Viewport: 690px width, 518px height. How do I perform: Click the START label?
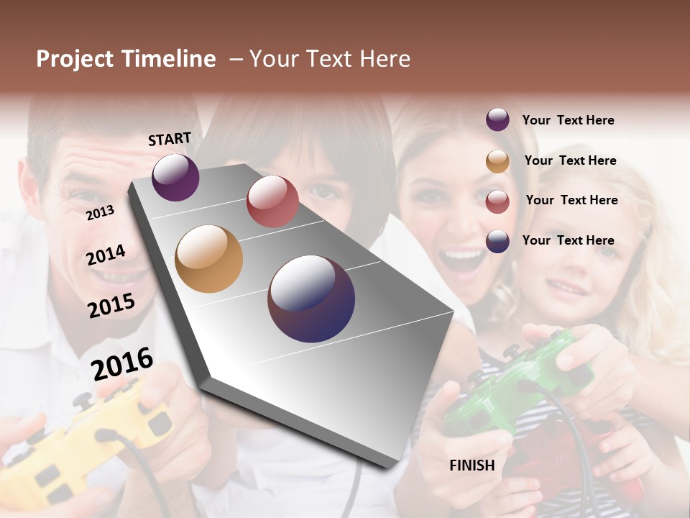pyautogui.click(x=170, y=139)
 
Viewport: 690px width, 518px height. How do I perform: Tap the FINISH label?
pyautogui.click(x=472, y=465)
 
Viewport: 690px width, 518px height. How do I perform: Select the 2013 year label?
pyautogui.click(x=100, y=213)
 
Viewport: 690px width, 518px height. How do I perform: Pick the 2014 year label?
pyautogui.click(x=106, y=255)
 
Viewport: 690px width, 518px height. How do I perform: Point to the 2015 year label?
pyautogui.click(x=111, y=306)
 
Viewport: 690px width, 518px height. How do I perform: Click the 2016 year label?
pyautogui.click(x=122, y=363)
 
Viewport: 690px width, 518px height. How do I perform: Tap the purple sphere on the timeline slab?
pyautogui.click(x=175, y=177)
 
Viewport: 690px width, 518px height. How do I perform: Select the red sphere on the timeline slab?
pyautogui.click(x=272, y=201)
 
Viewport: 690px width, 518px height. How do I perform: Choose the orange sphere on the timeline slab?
pyautogui.click(x=209, y=259)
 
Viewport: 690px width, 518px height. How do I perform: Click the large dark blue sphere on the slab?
pyautogui.click(x=311, y=299)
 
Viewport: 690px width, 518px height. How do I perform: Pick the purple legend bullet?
pyautogui.click(x=497, y=119)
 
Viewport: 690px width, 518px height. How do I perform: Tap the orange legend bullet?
pyautogui.click(x=497, y=161)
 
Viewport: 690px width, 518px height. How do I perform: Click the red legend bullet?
pyautogui.click(x=497, y=201)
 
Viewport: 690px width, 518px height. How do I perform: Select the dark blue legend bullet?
pyautogui.click(x=497, y=241)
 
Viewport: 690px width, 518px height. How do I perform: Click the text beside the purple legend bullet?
pyautogui.click(x=569, y=120)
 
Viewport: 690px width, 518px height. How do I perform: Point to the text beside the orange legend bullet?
pyautogui.click(x=570, y=160)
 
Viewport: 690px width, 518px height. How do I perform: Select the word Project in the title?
pyautogui.click(x=75, y=59)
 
